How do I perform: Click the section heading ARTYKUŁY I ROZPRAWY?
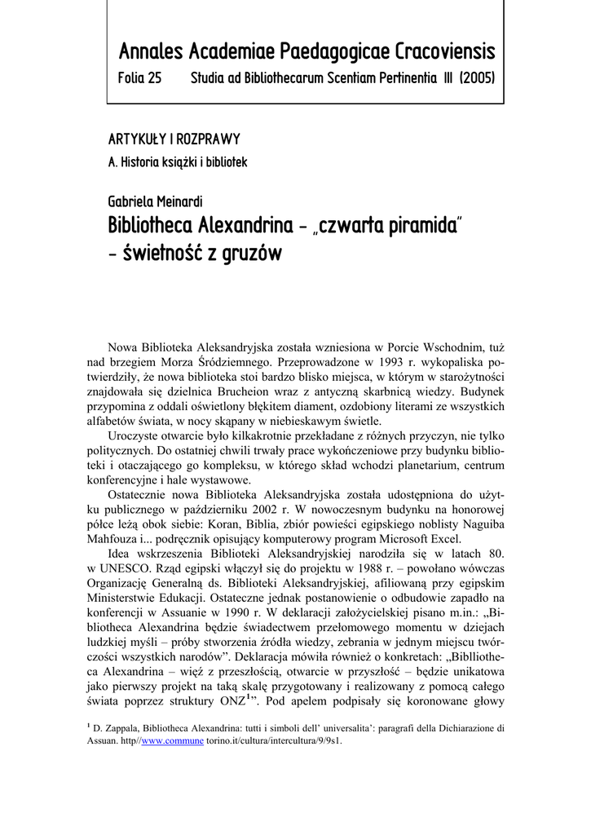(x=174, y=139)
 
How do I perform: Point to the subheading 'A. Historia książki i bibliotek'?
(x=178, y=162)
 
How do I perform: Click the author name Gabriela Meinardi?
(x=157, y=201)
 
